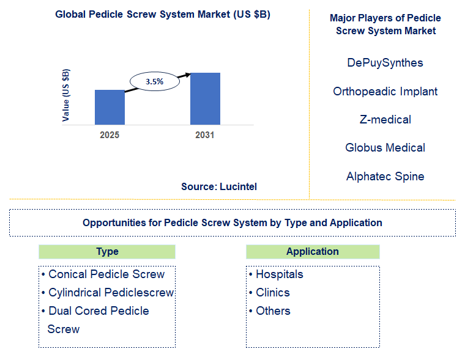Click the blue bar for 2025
pyautogui.click(x=110, y=108)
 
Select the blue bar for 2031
pyautogui.click(x=205, y=99)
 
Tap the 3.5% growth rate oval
pyautogui.click(x=154, y=81)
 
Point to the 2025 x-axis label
pyautogui.click(x=110, y=135)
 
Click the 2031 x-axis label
pyautogui.click(x=205, y=135)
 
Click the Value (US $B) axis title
pyautogui.click(x=66, y=95)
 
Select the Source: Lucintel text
pyautogui.click(x=219, y=186)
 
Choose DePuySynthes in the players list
pyautogui.click(x=385, y=62)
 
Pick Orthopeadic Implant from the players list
pyautogui.click(x=385, y=91)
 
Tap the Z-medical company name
pyautogui.click(x=385, y=119)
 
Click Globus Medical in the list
pyautogui.click(x=385, y=147)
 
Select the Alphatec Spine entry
pyautogui.click(x=385, y=176)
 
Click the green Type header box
pyautogui.click(x=107, y=252)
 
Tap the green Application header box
pyautogui.click(x=313, y=252)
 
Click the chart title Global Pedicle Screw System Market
pyautogui.click(x=163, y=15)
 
